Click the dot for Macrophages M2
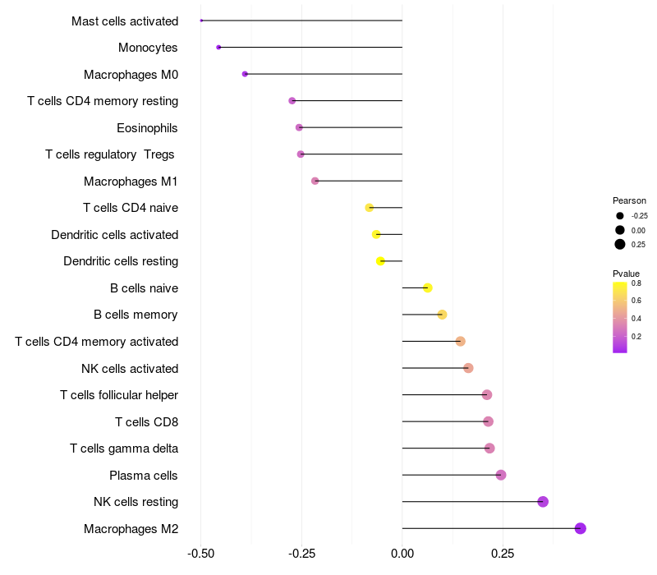pyautogui.click(x=581, y=528)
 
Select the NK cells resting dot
pyautogui.click(x=543, y=502)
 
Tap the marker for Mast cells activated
pyautogui.click(x=201, y=21)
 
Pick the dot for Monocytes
pyautogui.click(x=218, y=48)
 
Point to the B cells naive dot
pyautogui.click(x=428, y=287)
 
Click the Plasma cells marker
pyautogui.click(x=501, y=475)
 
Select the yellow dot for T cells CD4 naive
pyautogui.click(x=370, y=208)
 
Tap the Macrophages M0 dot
pyautogui.click(x=245, y=74)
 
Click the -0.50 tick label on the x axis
pyautogui.click(x=201, y=554)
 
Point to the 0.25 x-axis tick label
pyautogui.click(x=503, y=554)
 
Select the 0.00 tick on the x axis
pyautogui.click(x=402, y=554)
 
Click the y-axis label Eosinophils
pyautogui.click(x=147, y=128)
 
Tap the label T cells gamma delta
pyautogui.click(x=124, y=448)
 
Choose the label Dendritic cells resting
pyautogui.click(x=121, y=261)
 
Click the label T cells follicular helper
pyautogui.click(x=119, y=395)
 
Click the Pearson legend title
pyautogui.click(x=629, y=200)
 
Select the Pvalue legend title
pyautogui.click(x=626, y=274)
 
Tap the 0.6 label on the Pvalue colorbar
pyautogui.click(x=636, y=301)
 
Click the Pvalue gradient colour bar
pyautogui.click(x=620, y=317)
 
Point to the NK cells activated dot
pyautogui.click(x=468, y=368)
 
